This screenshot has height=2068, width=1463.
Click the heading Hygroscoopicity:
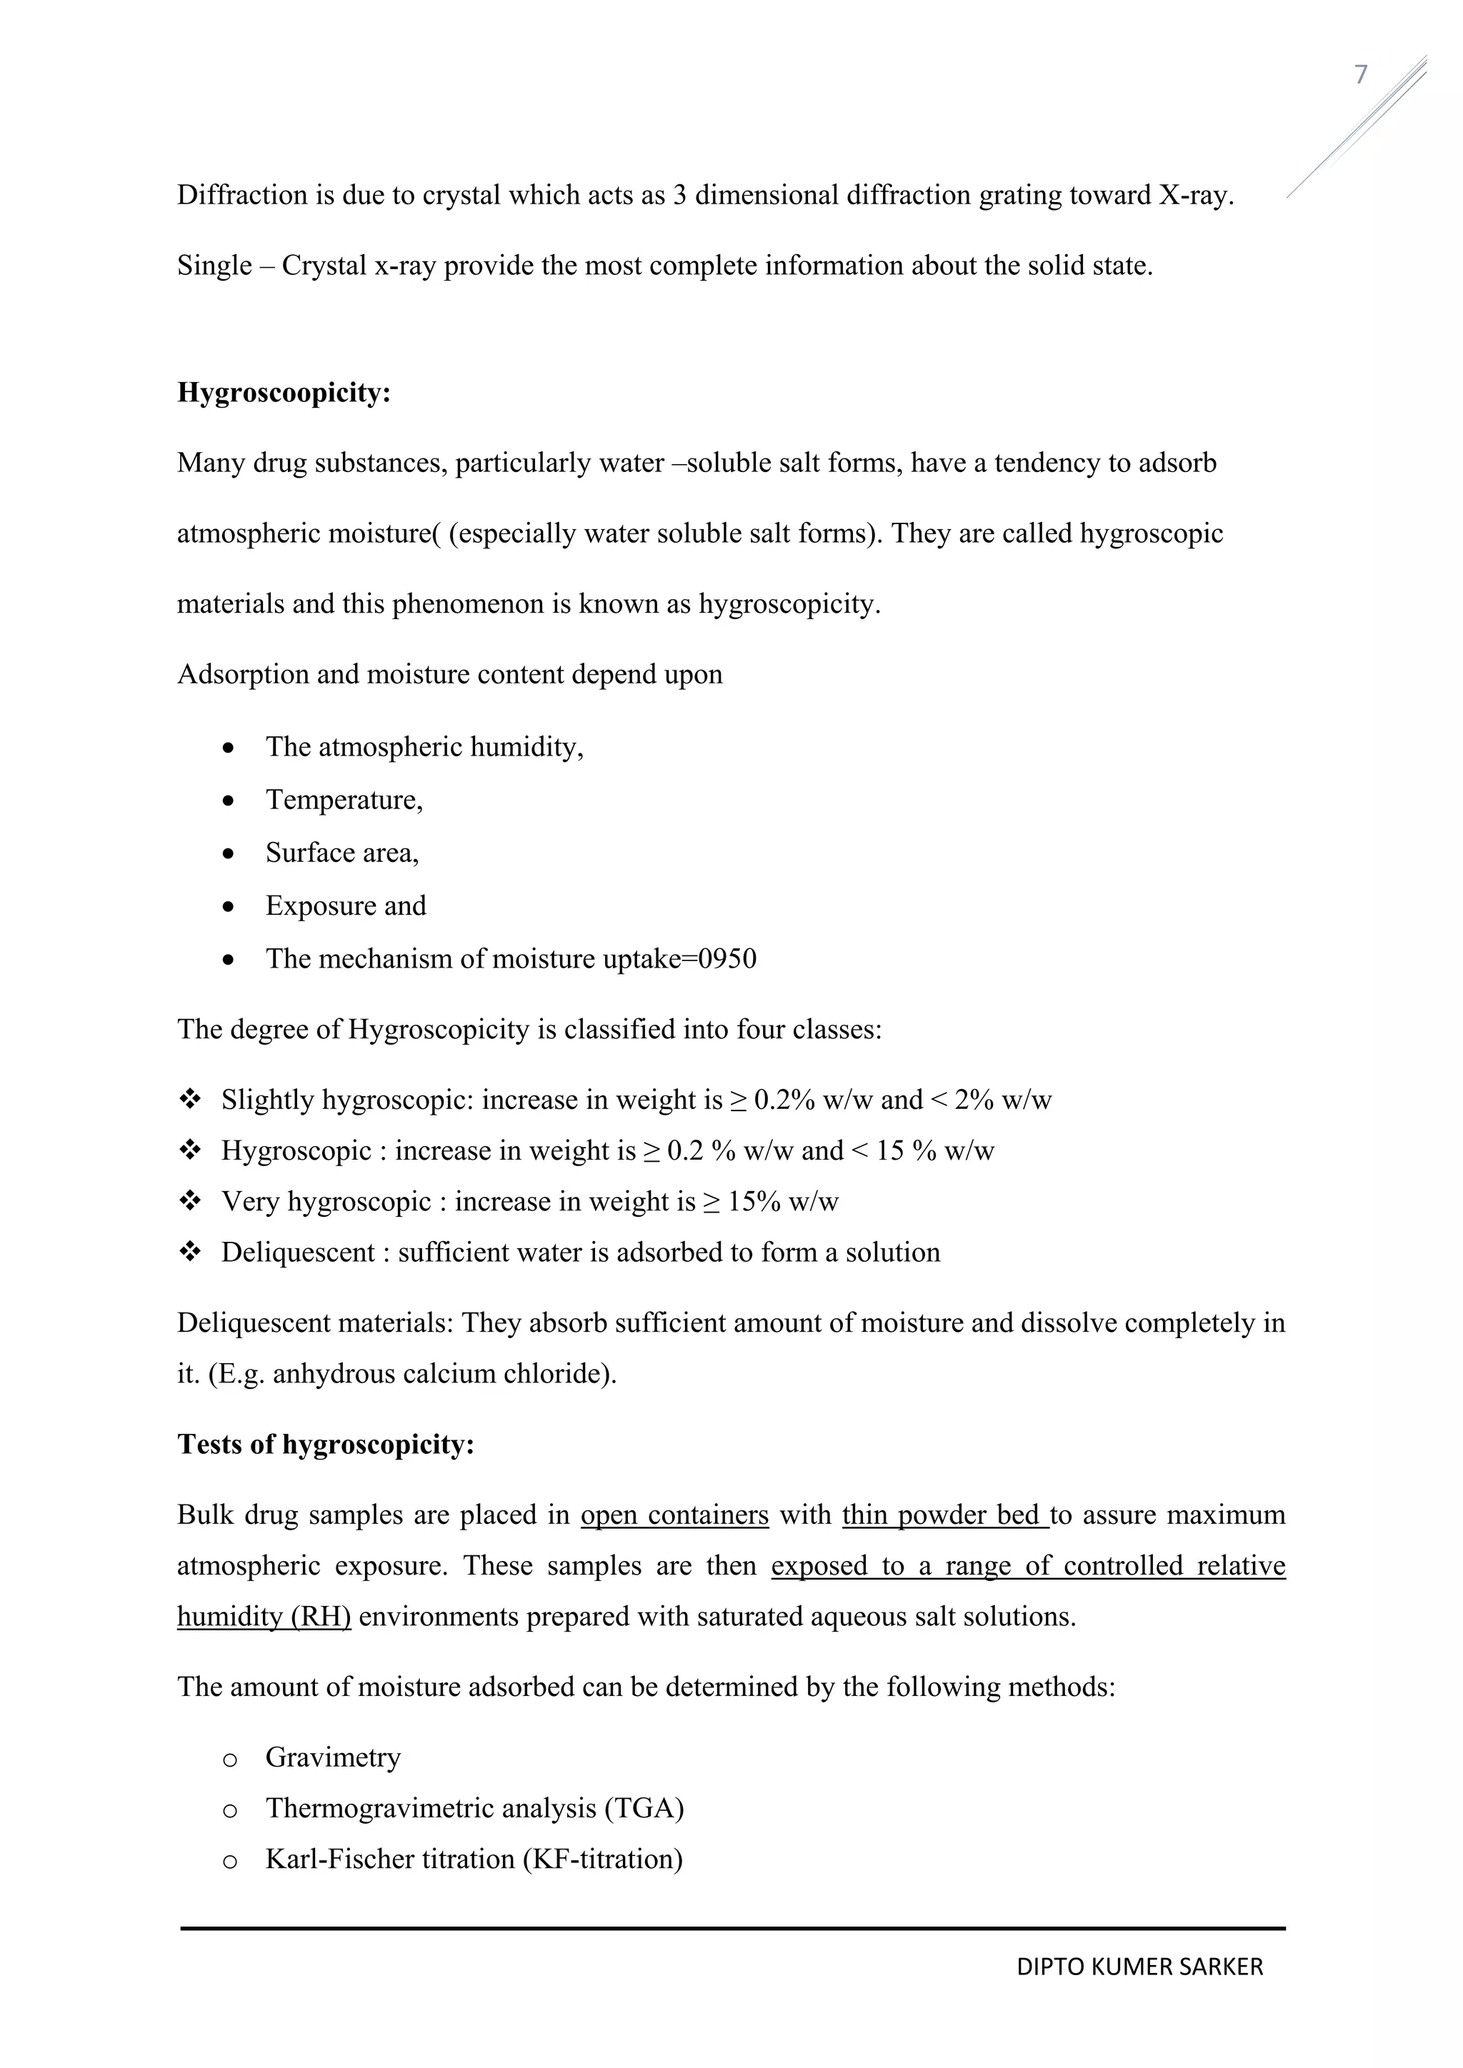point(284,393)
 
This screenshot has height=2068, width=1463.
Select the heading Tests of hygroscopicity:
point(325,1445)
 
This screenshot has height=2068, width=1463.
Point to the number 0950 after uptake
point(727,959)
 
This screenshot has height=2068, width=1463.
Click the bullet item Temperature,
point(344,800)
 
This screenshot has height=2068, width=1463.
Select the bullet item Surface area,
point(342,853)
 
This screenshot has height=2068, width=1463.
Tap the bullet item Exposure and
point(346,906)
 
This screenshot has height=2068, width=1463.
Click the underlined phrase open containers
point(675,1515)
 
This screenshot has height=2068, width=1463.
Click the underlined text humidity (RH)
point(263,1617)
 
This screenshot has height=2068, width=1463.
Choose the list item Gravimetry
point(334,1757)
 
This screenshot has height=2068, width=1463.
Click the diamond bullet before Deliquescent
point(190,1252)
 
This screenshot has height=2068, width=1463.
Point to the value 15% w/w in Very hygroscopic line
point(783,1203)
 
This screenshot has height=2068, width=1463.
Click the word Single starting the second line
point(214,266)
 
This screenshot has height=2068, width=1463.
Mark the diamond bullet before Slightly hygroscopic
point(190,1100)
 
